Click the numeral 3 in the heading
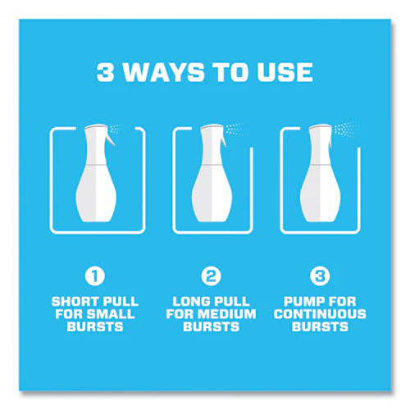tap(105, 72)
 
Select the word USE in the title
tap(285, 72)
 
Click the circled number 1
tap(95, 276)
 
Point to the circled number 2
tap(211, 276)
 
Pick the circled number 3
tap(320, 276)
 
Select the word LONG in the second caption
tap(190, 302)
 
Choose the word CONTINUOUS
tap(320, 314)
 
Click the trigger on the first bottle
tap(111, 139)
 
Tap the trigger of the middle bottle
tap(224, 139)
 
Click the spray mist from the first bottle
tap(116, 129)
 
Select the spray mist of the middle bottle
tap(235, 129)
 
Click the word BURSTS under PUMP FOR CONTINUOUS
tap(320, 326)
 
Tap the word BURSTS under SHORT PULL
tap(95, 326)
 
